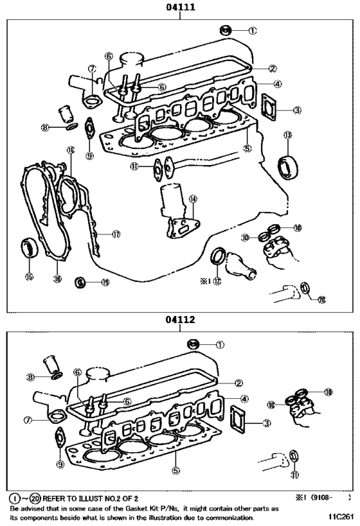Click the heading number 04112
[x=179, y=319]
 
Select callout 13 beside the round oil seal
[x=288, y=136]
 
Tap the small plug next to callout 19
[x=80, y=282]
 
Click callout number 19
[x=105, y=282]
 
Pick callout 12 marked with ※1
[x=218, y=281]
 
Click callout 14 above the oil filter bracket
[x=192, y=199]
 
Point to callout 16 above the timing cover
[x=70, y=150]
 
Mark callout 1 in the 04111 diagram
[x=253, y=30]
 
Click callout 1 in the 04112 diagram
[x=221, y=344]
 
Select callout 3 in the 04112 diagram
[x=266, y=423]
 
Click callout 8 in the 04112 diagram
[x=30, y=376]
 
